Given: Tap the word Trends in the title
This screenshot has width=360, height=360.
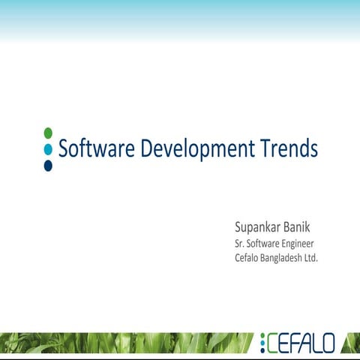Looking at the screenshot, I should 289,148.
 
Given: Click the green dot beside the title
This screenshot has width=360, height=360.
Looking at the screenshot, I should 48,133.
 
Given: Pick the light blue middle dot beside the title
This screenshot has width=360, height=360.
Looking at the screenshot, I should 48,149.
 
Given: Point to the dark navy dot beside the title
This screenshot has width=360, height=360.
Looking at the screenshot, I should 48,165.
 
